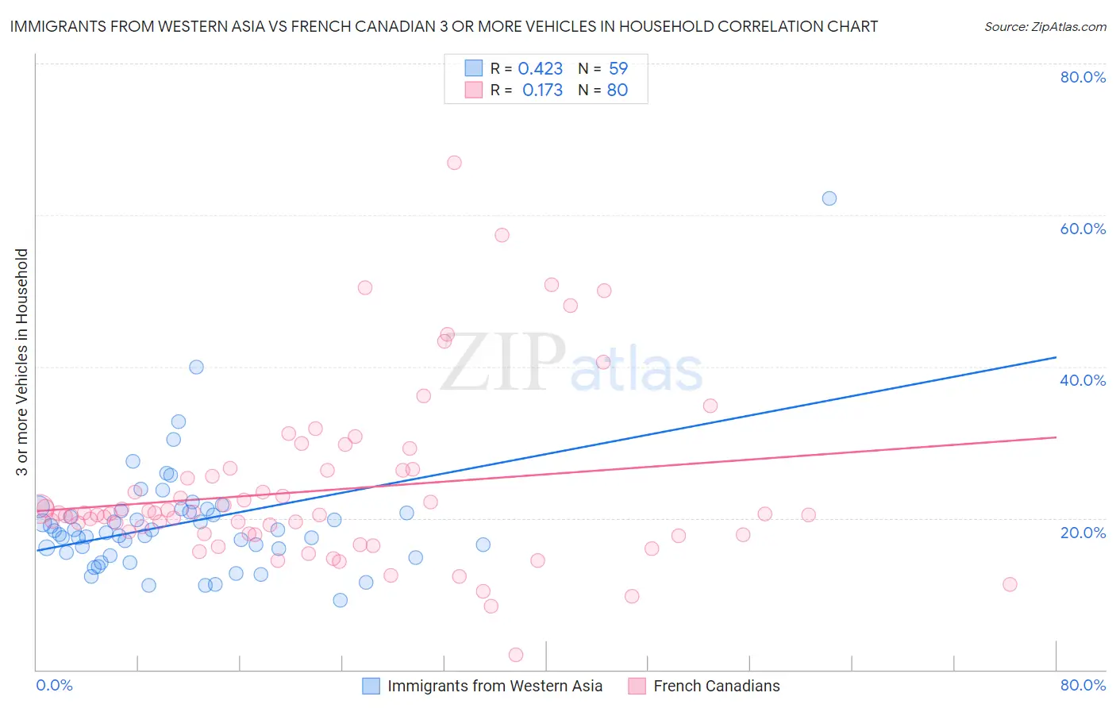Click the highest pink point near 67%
pos(454,163)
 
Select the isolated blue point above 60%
pos(829,198)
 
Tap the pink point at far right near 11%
pos(1010,584)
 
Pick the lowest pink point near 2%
pos(516,655)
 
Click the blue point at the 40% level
pos(196,367)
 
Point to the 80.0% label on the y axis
pos(1083,77)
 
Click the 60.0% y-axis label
pos(1083,229)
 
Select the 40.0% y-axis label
pos(1083,380)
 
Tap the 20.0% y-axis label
pos(1083,533)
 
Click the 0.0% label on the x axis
pos(54,685)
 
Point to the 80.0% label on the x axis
pos(1083,685)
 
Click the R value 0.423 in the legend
pos(540,69)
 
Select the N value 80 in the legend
pos(618,90)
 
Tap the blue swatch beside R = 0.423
pos(473,68)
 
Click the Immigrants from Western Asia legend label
pos(495,686)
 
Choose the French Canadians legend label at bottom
pos(716,686)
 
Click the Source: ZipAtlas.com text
pos(1045,27)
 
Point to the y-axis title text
pos(22,362)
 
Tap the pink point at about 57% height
pos(502,235)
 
